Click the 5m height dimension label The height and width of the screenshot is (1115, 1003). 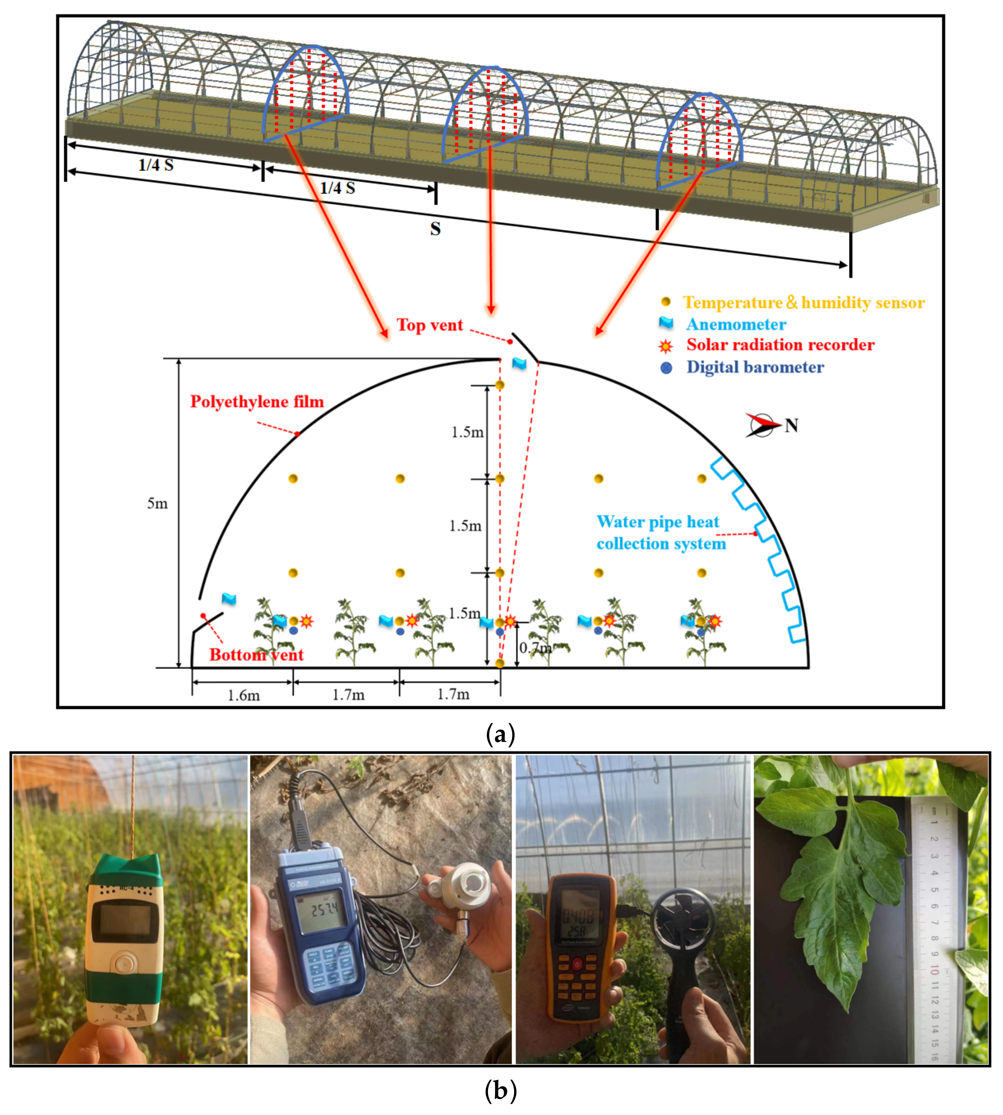pyautogui.click(x=157, y=503)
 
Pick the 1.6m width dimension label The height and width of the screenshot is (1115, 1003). pyautogui.click(x=244, y=696)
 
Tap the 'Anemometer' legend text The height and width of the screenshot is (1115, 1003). pyautogui.click(x=736, y=324)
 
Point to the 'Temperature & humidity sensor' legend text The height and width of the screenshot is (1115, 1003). pyautogui.click(x=804, y=303)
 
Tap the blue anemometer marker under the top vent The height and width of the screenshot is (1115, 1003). pyautogui.click(x=519, y=363)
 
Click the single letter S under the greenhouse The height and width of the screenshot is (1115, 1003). pyautogui.click(x=436, y=229)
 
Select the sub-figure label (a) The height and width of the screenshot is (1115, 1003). pyautogui.click(x=500, y=734)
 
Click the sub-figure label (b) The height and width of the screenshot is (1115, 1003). pyautogui.click(x=500, y=1091)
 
